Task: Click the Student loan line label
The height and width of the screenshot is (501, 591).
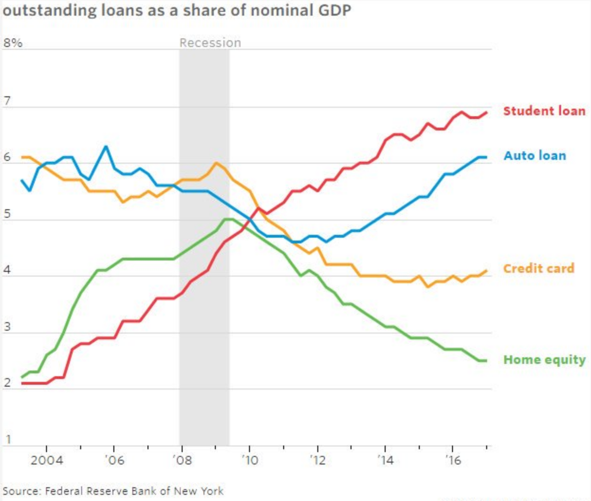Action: pyautogui.click(x=544, y=111)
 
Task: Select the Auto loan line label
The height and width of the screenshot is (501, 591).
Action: pyautogui.click(x=535, y=156)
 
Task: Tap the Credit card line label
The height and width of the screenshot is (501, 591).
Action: pyautogui.click(x=538, y=269)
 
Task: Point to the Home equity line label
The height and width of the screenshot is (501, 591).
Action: pyautogui.click(x=544, y=360)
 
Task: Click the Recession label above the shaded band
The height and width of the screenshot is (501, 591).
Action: pyautogui.click(x=210, y=43)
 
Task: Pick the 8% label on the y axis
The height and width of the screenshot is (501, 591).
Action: pyautogui.click(x=13, y=43)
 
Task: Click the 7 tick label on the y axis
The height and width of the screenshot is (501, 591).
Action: pyautogui.click(x=7, y=101)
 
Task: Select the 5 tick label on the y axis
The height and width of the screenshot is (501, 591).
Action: pyautogui.click(x=7, y=214)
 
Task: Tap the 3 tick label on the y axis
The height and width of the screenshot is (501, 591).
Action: pyautogui.click(x=7, y=327)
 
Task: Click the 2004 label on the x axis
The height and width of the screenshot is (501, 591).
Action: pyautogui.click(x=46, y=460)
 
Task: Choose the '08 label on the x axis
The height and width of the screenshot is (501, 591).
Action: pyautogui.click(x=182, y=460)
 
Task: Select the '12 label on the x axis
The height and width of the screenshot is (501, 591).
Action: pyautogui.click(x=317, y=460)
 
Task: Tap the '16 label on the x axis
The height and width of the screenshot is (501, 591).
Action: pyautogui.click(x=452, y=460)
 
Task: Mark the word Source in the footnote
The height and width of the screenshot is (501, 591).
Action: pyautogui.click(x=21, y=491)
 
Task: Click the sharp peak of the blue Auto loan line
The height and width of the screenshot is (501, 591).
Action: pyautogui.click(x=106, y=147)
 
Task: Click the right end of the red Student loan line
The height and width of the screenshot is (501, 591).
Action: pyautogui.click(x=486, y=112)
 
